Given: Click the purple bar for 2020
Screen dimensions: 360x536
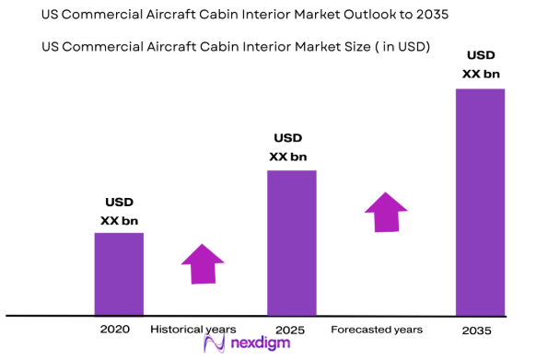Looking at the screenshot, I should click(119, 273).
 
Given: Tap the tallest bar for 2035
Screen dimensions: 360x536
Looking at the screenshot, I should click(481, 202).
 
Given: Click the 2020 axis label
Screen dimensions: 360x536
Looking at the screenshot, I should click(116, 329).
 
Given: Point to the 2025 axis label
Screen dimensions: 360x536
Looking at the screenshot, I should click(290, 329).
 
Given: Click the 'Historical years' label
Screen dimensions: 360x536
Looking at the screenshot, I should click(193, 329).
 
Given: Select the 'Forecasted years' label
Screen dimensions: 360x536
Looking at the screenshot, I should click(377, 329).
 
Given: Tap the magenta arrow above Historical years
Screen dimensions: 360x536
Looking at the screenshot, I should click(203, 264).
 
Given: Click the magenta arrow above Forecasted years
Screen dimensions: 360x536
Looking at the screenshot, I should click(385, 212).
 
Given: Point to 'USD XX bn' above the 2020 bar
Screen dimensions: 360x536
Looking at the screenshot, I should click(119, 212).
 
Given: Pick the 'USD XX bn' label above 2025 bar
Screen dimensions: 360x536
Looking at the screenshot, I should click(288, 147).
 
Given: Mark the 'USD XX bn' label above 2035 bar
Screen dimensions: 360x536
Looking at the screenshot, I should click(480, 65).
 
